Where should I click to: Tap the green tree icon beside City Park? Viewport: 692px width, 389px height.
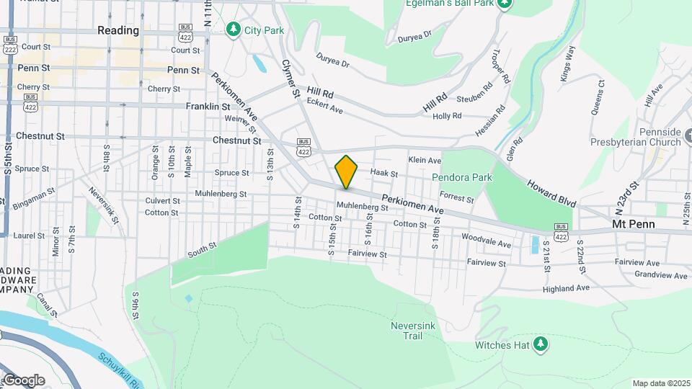tap(233, 29)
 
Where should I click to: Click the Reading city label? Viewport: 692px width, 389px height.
tap(118, 30)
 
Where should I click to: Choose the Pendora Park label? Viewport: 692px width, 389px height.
tap(461, 177)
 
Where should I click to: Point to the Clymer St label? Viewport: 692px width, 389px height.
tap(290, 79)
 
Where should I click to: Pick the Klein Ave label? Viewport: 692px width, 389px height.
tap(425, 160)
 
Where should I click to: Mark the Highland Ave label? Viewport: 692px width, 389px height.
tap(567, 287)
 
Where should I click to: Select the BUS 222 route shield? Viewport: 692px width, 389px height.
tap(9, 44)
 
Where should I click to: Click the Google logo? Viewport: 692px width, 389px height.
tap(24, 380)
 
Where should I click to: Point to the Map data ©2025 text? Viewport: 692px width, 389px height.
tap(660, 383)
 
